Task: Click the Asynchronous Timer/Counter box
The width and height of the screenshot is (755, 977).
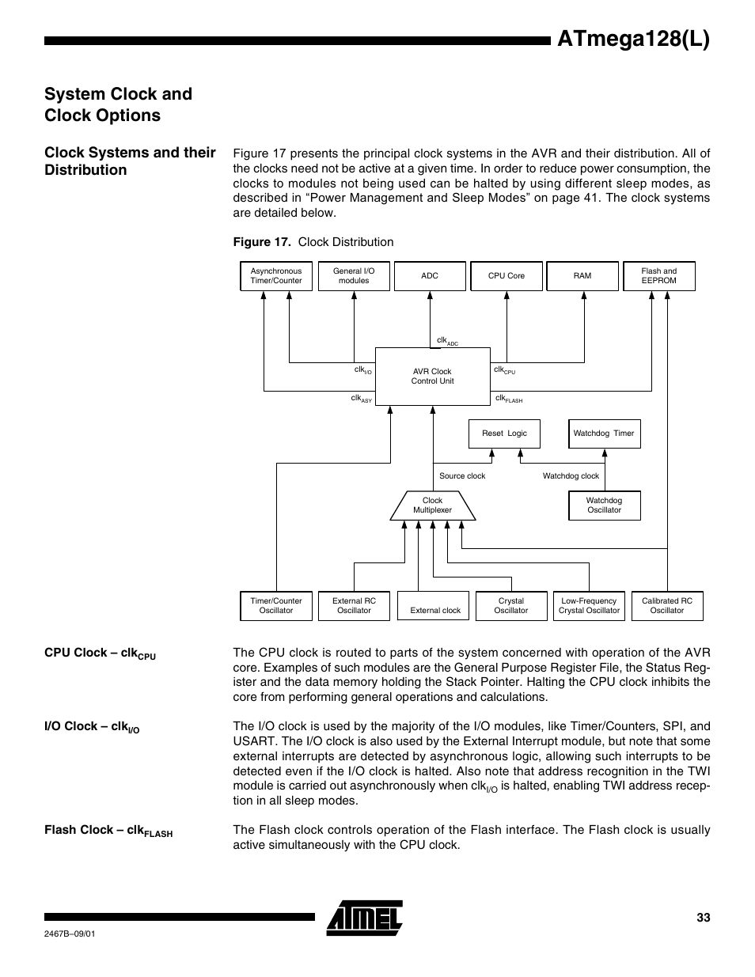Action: pyautogui.click(x=276, y=276)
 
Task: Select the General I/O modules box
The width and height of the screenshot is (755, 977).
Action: pyautogui.click(x=354, y=276)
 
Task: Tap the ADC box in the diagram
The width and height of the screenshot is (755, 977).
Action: pyautogui.click(x=430, y=276)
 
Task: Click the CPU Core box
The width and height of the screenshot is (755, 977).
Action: pyautogui.click(x=506, y=276)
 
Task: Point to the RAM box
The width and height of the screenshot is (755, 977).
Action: pyautogui.click(x=582, y=276)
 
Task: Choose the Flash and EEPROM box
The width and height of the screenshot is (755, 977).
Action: pyautogui.click(x=658, y=276)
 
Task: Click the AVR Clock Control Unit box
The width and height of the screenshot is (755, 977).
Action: pyautogui.click(x=432, y=377)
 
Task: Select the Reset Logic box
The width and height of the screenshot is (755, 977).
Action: pyautogui.click(x=504, y=434)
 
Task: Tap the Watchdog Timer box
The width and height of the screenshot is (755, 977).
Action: pyautogui.click(x=604, y=434)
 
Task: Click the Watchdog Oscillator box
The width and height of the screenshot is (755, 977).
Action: pyautogui.click(x=604, y=506)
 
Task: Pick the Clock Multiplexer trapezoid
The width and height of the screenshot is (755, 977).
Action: pyautogui.click(x=432, y=506)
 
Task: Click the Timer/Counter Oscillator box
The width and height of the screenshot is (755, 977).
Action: pyautogui.click(x=276, y=606)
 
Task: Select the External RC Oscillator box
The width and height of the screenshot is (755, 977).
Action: pyautogui.click(x=354, y=606)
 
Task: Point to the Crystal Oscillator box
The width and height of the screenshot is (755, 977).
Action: pyautogui.click(x=510, y=606)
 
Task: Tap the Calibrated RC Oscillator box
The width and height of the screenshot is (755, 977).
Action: pyautogui.click(x=666, y=606)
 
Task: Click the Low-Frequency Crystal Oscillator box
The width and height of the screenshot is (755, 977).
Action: pyautogui.click(x=589, y=606)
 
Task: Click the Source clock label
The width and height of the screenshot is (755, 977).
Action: pyautogui.click(x=462, y=476)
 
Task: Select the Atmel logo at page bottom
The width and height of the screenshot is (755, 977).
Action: pyautogui.click(x=365, y=918)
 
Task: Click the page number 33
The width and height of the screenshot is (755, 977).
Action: pyautogui.click(x=703, y=918)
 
